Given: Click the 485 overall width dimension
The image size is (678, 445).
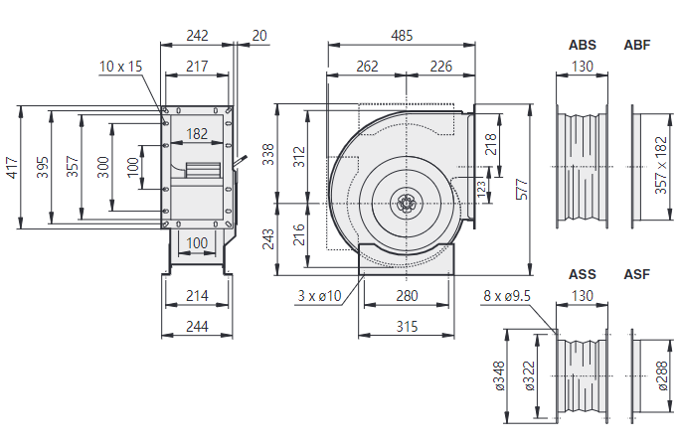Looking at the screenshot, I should pyautogui.click(x=402, y=36).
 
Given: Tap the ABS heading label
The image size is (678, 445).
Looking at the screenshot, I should pyautogui.click(x=583, y=46).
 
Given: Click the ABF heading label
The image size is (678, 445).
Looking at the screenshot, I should pyautogui.click(x=637, y=46).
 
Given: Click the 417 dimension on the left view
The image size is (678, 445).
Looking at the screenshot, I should pyautogui.click(x=13, y=167).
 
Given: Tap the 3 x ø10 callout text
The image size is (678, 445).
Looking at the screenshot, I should pyautogui.click(x=319, y=296).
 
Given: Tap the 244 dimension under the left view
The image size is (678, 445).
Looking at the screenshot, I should pyautogui.click(x=197, y=327).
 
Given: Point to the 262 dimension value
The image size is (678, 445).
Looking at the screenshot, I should pyautogui.click(x=367, y=68).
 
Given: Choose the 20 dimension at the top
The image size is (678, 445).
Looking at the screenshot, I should pyautogui.click(x=259, y=36).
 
